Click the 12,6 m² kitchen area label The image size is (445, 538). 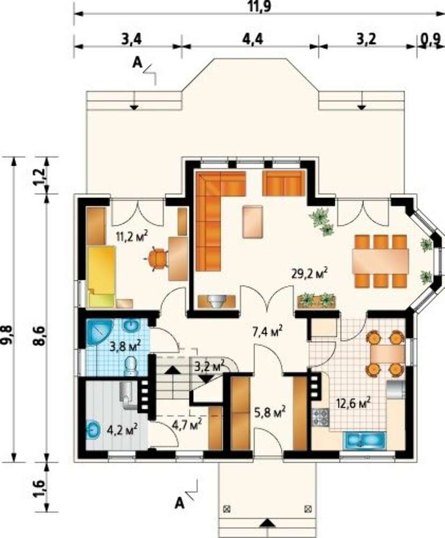[354, 402]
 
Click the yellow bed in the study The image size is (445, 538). [102, 276]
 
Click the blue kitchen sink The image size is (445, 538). [366, 440]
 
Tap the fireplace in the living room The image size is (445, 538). [217, 301]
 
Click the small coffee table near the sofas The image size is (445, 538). [252, 222]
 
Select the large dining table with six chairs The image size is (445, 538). [380, 261]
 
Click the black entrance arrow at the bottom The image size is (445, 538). [267, 522]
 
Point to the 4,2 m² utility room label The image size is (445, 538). [122, 429]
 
